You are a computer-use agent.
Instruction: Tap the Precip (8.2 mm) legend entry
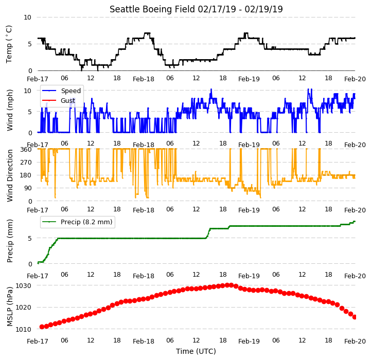77,222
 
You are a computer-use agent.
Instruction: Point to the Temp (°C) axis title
9,44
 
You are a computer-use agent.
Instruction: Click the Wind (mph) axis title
9,110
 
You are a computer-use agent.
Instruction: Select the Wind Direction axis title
9,175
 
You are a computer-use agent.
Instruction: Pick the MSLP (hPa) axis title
9,307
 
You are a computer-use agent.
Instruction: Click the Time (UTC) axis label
196,351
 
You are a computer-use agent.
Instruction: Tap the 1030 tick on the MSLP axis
23,286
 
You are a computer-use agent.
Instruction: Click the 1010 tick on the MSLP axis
23,329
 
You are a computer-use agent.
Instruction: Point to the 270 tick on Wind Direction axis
26,163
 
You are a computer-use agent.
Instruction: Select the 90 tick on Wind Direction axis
27,188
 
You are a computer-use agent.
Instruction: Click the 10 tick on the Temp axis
27,17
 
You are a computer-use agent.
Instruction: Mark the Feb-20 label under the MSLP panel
355,341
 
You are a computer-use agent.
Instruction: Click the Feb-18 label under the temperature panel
144,79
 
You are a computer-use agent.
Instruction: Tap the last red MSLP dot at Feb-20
355,317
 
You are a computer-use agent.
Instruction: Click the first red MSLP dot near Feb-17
42,327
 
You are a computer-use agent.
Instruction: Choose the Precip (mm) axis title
9,241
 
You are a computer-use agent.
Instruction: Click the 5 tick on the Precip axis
29,238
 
